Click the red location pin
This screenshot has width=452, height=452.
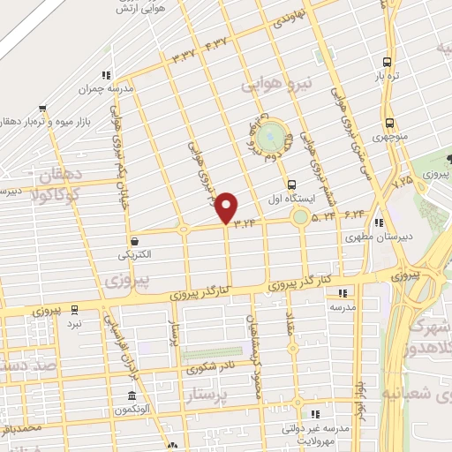[227, 207]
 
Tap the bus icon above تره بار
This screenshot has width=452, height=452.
[387, 62]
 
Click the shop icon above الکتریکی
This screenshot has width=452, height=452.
[134, 240]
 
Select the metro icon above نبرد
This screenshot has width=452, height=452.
[74, 310]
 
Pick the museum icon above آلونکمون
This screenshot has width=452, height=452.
[131, 395]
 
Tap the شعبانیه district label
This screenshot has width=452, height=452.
[417, 392]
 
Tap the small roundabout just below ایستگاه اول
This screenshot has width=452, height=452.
[300, 216]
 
